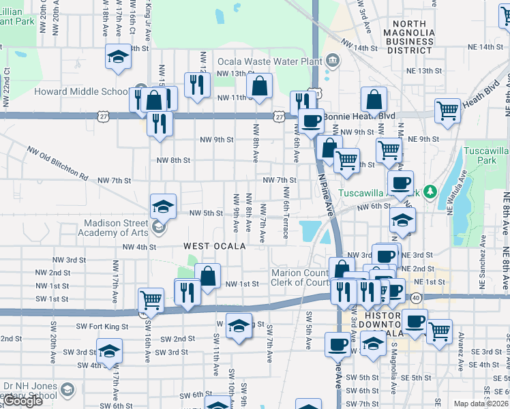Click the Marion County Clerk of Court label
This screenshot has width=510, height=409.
(300, 277)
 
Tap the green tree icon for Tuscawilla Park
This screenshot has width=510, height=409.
(430, 192)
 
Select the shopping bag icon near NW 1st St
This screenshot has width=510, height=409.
(208, 276)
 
